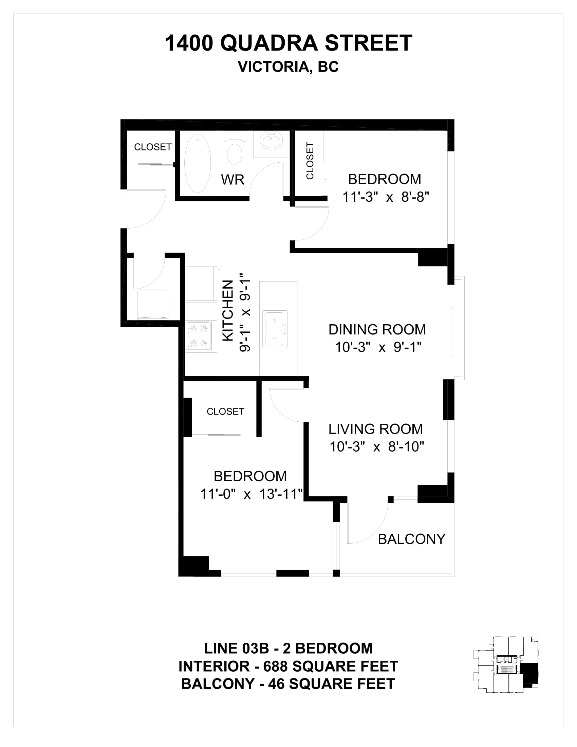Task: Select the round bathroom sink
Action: click(x=272, y=141)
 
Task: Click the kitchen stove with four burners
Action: click(x=199, y=335)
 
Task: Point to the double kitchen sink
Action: click(x=275, y=329)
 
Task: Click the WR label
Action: click(x=233, y=180)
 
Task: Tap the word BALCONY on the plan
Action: click(x=412, y=540)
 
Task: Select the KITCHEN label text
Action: click(x=228, y=311)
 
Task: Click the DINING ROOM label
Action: click(x=377, y=330)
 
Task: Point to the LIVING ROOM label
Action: click(x=376, y=429)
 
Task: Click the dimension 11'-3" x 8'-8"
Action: click(x=386, y=197)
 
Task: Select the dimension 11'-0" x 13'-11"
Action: click(x=252, y=494)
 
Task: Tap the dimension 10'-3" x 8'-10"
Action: click(x=377, y=447)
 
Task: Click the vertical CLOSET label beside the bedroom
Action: click(x=310, y=161)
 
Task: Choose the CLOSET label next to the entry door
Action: click(x=153, y=147)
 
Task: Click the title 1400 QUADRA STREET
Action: click(x=288, y=43)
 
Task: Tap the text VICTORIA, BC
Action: click(x=288, y=67)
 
